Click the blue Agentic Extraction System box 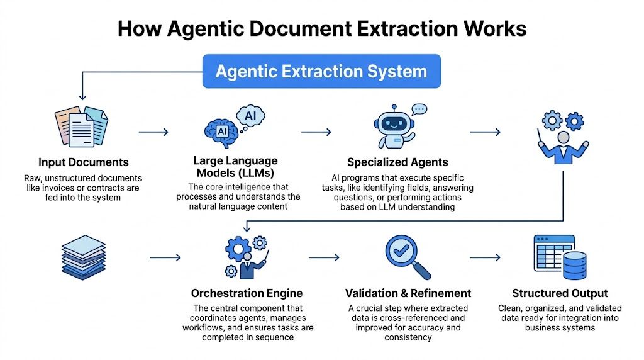321,71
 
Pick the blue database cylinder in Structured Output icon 575,265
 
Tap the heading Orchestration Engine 247,293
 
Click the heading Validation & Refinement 408,293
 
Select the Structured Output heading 560,293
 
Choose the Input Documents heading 83,162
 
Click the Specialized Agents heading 397,162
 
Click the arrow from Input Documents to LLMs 153,132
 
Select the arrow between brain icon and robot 316,132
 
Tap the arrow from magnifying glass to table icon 485,257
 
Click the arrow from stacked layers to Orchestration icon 165,257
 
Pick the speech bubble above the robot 419,109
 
